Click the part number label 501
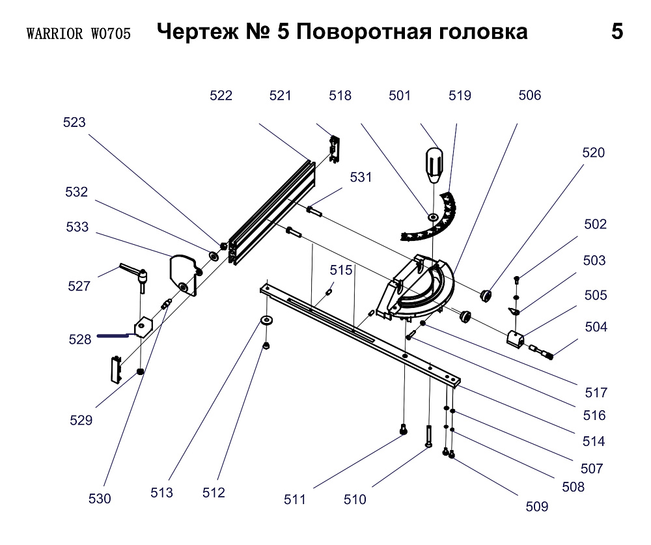pos(400,96)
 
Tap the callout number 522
pos(221,96)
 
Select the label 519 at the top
pos(460,96)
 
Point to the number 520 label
pos(593,153)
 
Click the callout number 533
pos(77,227)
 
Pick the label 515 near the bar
pos(340,270)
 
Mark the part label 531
pos(361,177)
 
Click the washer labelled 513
pos(266,320)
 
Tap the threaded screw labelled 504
pos(542,352)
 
